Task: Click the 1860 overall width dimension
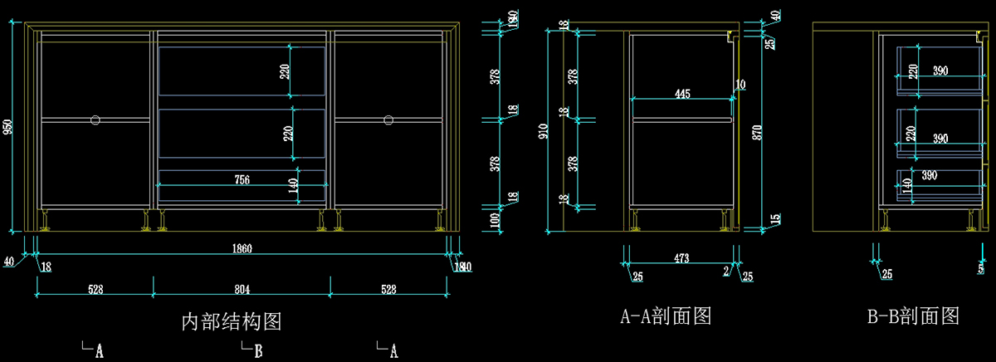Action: tap(242, 247)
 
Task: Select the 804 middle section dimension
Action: tap(242, 289)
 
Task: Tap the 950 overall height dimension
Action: tap(9, 127)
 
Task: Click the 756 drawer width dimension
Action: tap(242, 179)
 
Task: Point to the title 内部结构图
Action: tap(237, 320)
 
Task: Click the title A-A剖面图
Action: tap(666, 316)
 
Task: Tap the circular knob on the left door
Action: tap(95, 120)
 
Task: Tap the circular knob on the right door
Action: tap(388, 120)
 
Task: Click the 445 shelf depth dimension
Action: tap(682, 95)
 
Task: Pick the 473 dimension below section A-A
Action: tap(681, 259)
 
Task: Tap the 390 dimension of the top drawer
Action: tap(940, 71)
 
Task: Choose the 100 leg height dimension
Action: tap(496, 219)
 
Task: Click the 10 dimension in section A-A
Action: tap(740, 85)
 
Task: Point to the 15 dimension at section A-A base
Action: tap(774, 219)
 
